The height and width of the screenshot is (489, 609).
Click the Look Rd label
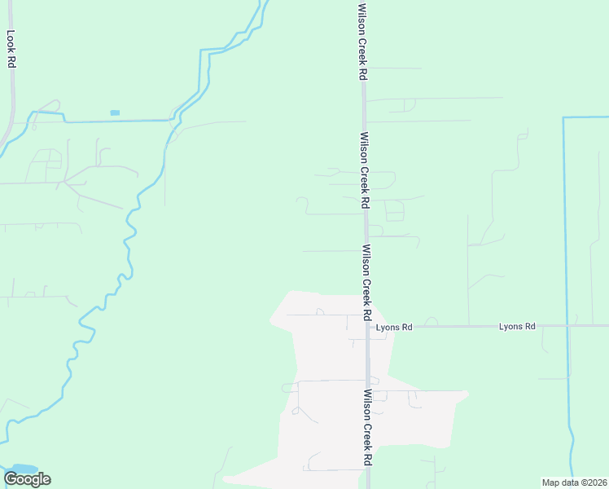coord(11,49)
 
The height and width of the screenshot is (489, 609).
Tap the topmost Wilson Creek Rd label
coord(363,41)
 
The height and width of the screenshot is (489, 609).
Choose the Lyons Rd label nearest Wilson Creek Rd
coord(394,327)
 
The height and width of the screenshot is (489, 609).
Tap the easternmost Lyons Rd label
coord(517,326)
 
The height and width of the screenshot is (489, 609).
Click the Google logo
coord(27,478)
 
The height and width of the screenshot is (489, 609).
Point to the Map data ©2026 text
coord(573,482)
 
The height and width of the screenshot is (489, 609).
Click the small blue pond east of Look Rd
coord(115,112)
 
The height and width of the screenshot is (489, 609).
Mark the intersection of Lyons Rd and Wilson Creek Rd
coord(368,326)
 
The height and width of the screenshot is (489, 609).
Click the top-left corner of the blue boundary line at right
coord(563,118)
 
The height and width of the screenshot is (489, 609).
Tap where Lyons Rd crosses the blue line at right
coord(567,326)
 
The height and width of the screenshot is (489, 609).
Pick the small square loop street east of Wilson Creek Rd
coord(395,211)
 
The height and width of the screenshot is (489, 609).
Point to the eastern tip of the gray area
coord(468,394)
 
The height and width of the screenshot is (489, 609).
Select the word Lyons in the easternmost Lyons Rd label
coord(510,326)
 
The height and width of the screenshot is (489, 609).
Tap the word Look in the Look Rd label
coord(11,39)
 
